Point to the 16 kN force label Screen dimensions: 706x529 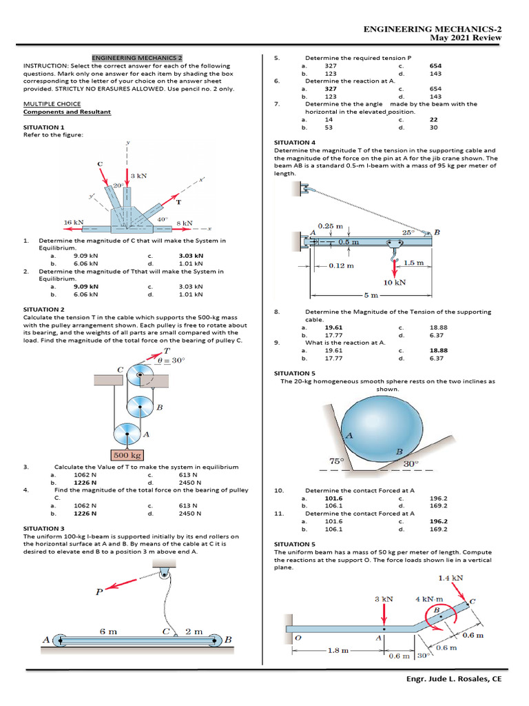click(74, 223)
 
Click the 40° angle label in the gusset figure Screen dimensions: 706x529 click(163, 219)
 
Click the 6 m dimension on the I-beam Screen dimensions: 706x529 click(108, 631)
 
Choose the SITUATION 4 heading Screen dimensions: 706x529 click(295, 142)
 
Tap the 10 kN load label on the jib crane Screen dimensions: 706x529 click(395, 283)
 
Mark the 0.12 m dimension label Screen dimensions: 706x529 click(341, 265)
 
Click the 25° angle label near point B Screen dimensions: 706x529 click(408, 233)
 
